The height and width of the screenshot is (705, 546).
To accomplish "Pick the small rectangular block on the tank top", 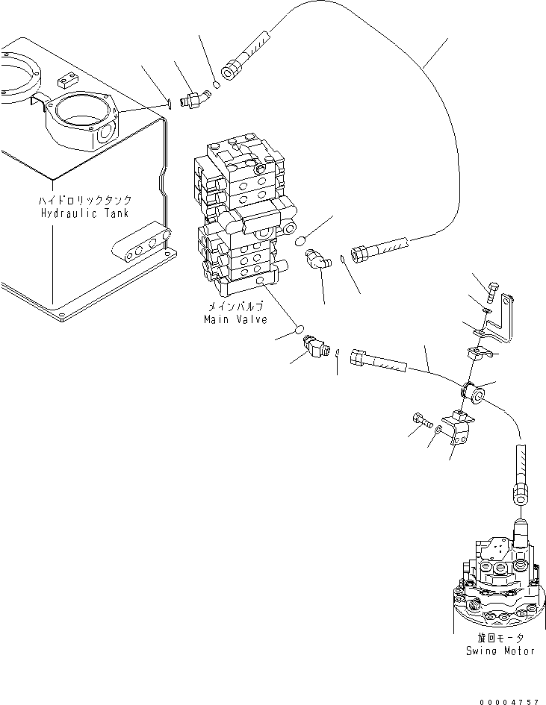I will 66,77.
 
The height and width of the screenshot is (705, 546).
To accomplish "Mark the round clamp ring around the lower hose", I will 471,389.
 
